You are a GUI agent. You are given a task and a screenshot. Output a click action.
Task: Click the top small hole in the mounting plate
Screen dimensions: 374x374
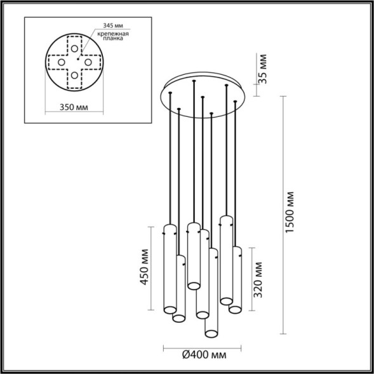click(75, 48)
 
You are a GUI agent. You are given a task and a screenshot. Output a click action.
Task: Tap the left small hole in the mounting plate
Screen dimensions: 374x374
click(61, 62)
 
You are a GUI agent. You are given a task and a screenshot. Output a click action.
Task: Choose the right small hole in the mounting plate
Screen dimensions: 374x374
click(89, 62)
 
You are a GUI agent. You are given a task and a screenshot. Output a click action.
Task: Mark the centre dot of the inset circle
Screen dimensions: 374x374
click(75, 62)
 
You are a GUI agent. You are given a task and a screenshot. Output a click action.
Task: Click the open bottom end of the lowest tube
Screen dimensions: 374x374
click(210, 331)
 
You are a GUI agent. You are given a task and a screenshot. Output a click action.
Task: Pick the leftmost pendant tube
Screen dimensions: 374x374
click(169, 270)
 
